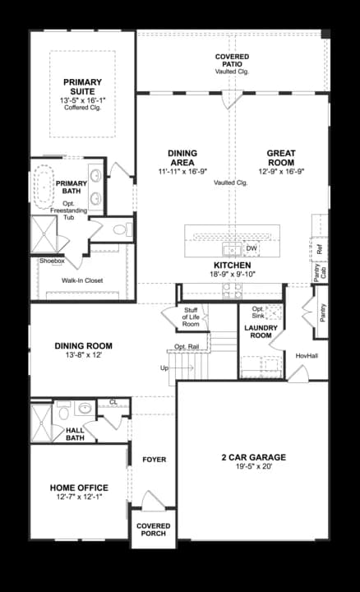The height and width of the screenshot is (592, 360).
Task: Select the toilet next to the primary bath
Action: (119, 229)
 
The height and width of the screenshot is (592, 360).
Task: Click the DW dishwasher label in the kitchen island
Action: (252, 247)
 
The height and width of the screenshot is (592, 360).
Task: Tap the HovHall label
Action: (307, 355)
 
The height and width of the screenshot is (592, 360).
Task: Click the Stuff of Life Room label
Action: (192, 317)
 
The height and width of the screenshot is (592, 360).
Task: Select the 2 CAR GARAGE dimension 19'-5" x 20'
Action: (252, 468)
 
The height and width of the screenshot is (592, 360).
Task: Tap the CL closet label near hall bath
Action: (113, 402)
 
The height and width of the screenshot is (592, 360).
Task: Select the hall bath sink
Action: (84, 408)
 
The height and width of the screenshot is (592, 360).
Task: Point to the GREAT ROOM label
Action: (280, 158)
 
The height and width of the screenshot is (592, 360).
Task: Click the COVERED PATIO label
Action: (232, 60)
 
